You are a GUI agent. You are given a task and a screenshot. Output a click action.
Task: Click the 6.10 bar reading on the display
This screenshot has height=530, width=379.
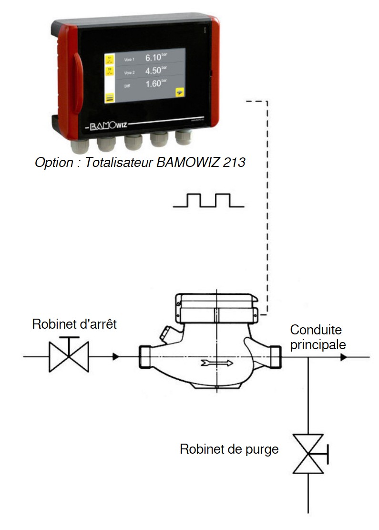pyautogui.click(x=154, y=58)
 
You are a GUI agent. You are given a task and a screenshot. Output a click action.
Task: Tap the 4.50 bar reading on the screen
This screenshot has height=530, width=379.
pyautogui.click(x=154, y=72)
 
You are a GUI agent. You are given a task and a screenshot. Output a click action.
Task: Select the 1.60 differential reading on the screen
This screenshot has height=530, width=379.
pyautogui.click(x=154, y=84)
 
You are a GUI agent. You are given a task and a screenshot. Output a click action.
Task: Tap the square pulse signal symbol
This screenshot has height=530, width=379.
pyautogui.click(x=209, y=200)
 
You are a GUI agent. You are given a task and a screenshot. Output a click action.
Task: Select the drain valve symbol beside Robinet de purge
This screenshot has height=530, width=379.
pyautogui.click(x=308, y=454)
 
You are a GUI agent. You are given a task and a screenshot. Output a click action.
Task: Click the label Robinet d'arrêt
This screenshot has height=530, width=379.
pyautogui.click(x=74, y=324)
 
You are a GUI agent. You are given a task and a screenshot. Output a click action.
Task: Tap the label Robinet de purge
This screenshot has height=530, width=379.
pyautogui.click(x=229, y=449)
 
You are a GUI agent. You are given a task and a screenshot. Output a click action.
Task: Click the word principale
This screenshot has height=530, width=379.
pyautogui.click(x=318, y=344)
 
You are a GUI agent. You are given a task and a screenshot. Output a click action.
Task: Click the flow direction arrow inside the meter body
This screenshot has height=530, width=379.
pyautogui.click(x=217, y=363)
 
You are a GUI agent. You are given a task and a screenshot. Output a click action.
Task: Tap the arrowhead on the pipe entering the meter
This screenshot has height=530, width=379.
pyautogui.click(x=115, y=356)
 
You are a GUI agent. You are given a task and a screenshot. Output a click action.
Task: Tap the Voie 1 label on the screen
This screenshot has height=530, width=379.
pyautogui.click(x=130, y=60)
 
